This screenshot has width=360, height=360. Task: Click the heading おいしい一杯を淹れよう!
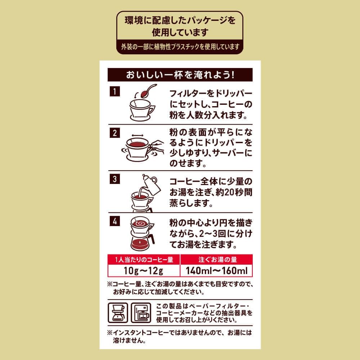[x=180, y=75]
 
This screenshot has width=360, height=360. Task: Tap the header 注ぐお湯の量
[x=216, y=259]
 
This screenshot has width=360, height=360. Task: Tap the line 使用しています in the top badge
[x=180, y=32]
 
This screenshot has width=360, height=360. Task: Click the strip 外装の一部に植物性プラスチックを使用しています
[x=180, y=47]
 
